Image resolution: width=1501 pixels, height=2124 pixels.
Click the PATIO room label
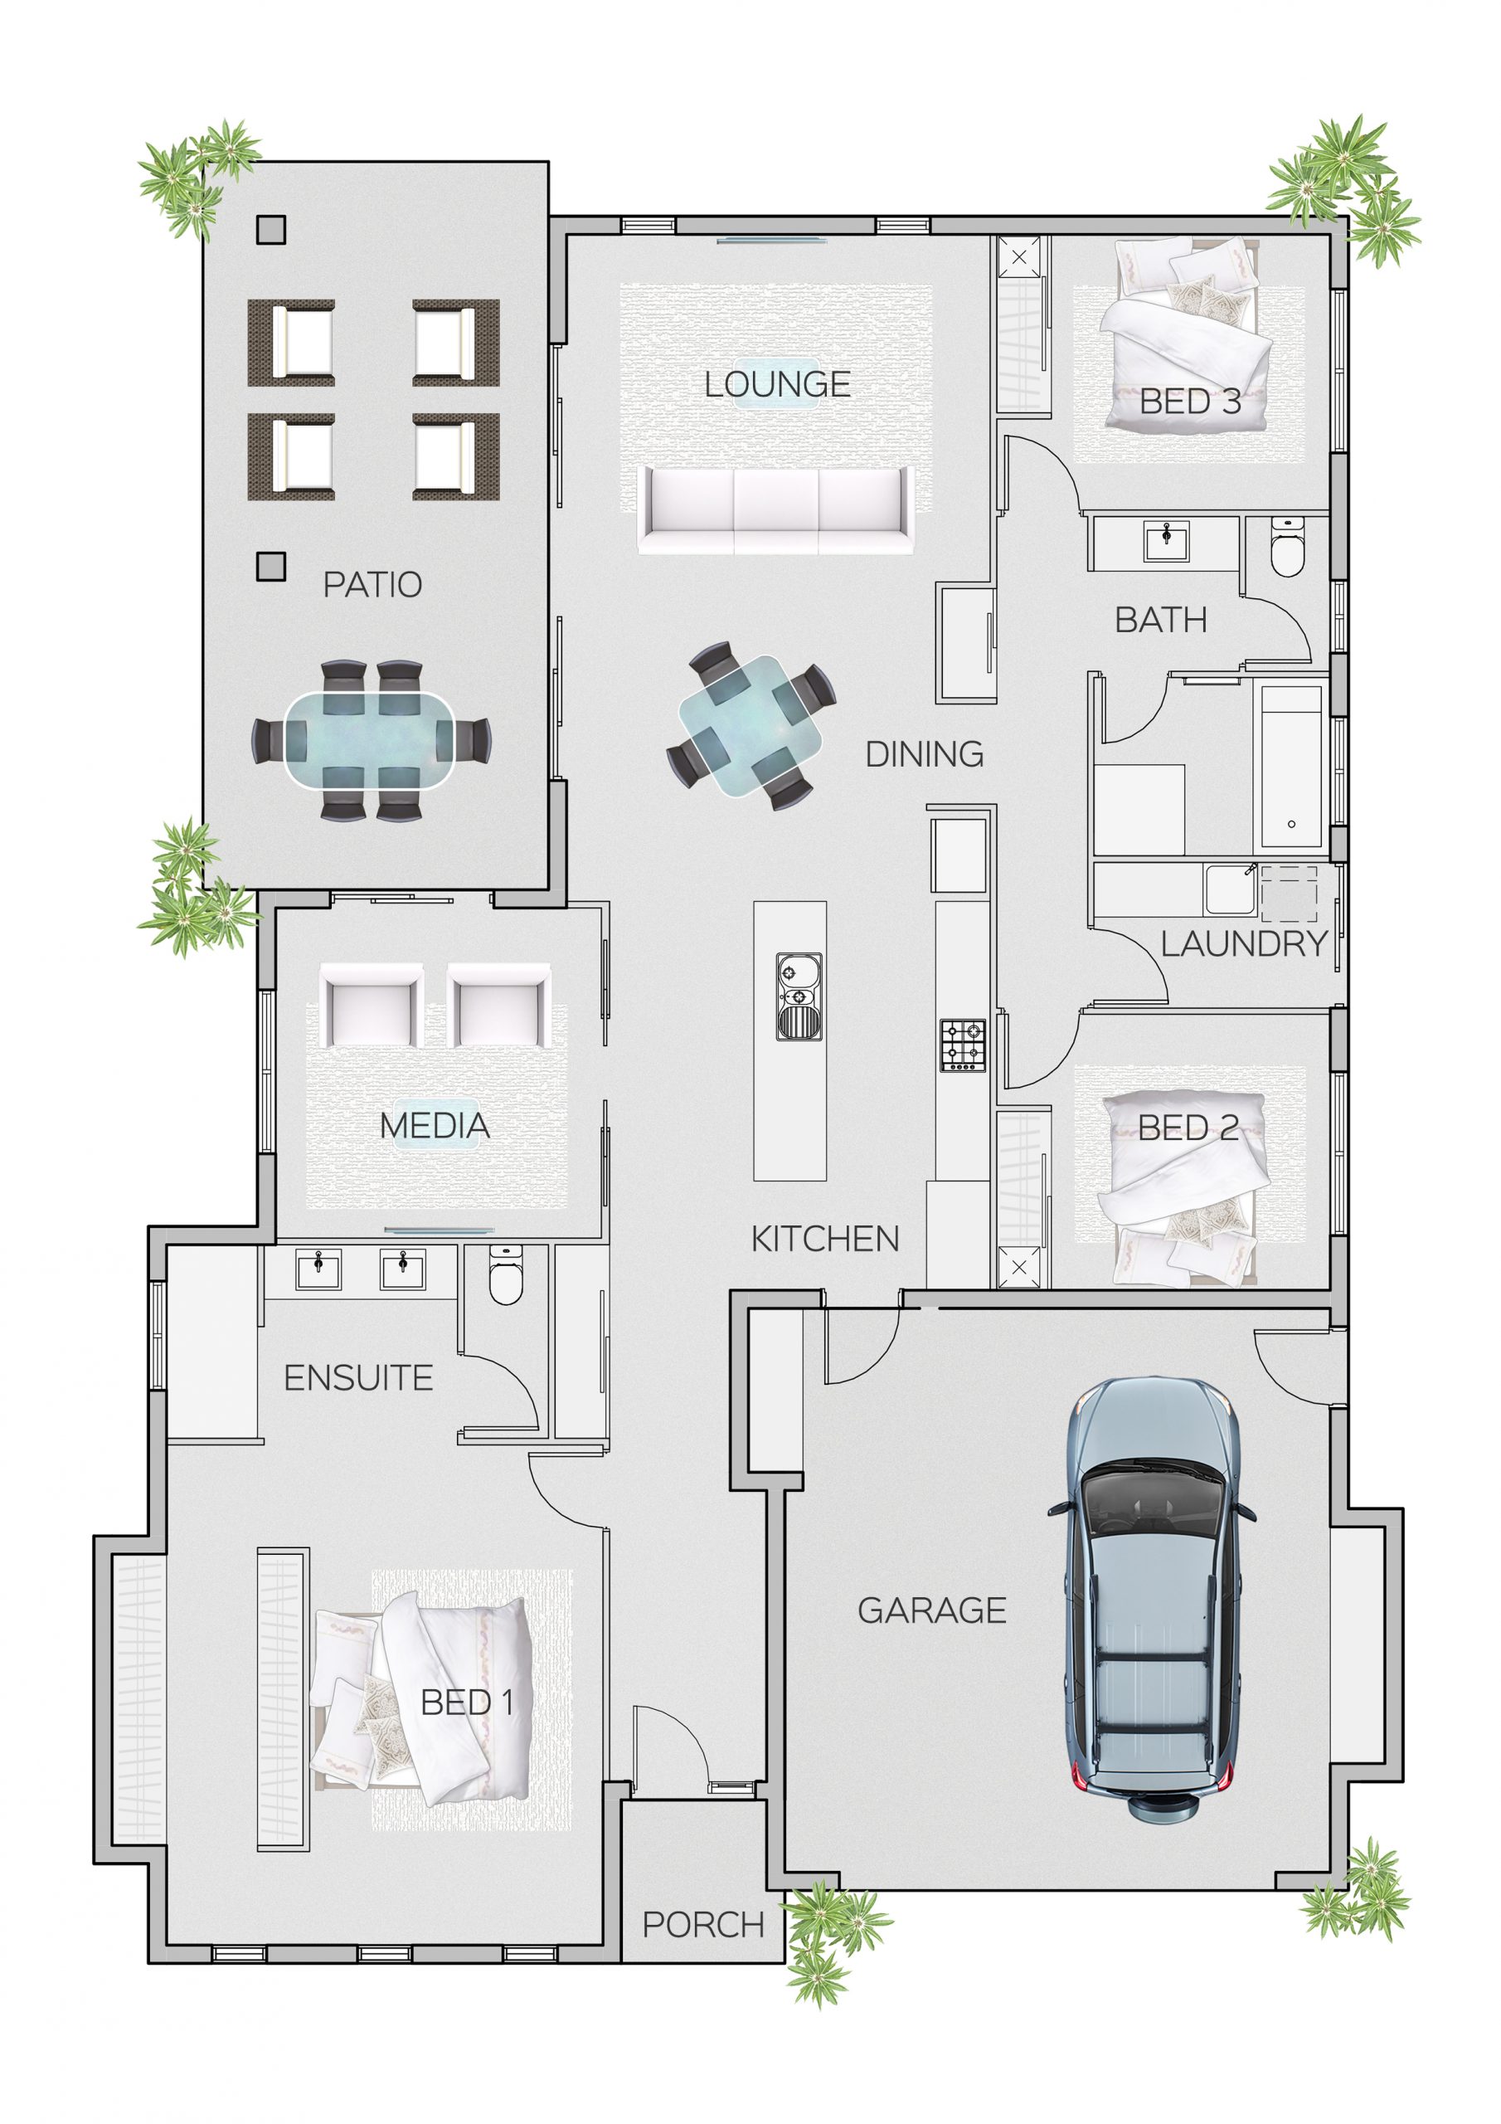(372, 585)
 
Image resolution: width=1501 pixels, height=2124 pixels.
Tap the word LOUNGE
(777, 385)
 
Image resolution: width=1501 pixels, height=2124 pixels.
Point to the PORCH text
(703, 1925)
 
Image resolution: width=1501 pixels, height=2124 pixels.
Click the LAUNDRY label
(1243, 944)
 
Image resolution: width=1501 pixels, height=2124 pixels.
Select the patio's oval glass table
(370, 740)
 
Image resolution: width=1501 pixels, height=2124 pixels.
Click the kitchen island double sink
(799, 997)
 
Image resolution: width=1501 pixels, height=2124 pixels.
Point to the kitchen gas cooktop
(962, 1045)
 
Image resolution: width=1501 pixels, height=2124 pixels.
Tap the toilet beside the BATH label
(1286, 548)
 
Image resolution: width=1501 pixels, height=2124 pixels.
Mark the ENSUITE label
(358, 1378)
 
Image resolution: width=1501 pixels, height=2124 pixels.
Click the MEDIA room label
(435, 1126)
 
